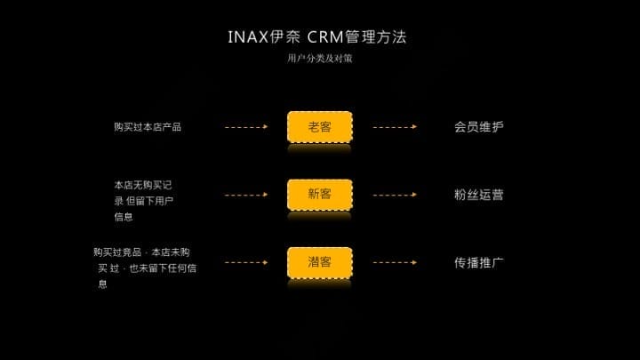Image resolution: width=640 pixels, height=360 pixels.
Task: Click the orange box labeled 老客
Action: (319, 127)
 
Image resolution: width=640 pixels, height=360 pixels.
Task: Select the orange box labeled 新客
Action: (319, 194)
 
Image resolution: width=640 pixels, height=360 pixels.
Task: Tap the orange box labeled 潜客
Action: (319, 262)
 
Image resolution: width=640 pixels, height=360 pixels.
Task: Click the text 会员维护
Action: (478, 127)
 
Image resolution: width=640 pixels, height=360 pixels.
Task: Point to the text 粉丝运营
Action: (478, 195)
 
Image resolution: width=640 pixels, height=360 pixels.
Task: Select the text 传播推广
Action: (478, 262)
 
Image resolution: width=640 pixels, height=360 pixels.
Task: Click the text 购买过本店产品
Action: (148, 127)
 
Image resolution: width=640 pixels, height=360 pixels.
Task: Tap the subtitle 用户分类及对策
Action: (319, 59)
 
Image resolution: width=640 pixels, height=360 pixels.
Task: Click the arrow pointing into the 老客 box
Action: (246, 127)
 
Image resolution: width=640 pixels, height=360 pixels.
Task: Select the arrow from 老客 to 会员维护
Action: (395, 127)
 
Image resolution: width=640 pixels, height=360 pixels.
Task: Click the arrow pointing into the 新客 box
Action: (246, 195)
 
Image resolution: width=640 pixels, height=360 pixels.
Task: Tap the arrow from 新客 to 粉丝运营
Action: (395, 195)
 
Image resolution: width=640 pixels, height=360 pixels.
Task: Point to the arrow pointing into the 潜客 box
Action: (246, 262)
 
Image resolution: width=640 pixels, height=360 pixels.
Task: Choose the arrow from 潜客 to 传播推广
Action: (395, 262)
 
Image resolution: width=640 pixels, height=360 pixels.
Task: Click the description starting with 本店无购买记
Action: (143, 200)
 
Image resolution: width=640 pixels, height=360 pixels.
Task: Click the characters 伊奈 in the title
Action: (285, 37)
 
